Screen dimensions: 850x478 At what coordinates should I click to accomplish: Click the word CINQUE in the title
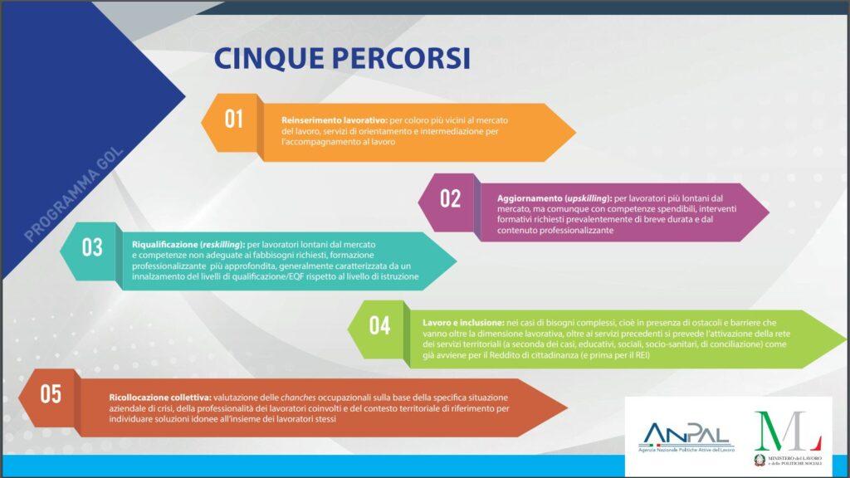pyautogui.click(x=268, y=59)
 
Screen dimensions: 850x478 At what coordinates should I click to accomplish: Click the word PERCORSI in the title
pyautogui.click(x=401, y=59)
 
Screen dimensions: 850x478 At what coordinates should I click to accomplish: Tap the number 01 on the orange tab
pyautogui.click(x=233, y=119)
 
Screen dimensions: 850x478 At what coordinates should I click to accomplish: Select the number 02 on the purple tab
pyautogui.click(x=451, y=198)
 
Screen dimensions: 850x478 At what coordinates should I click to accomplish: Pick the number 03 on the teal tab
pyautogui.click(x=92, y=247)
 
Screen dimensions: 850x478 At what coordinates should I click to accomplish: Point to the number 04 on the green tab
pyautogui.click(x=379, y=325)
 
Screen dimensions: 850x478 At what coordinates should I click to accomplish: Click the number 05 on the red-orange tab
pyautogui.click(x=51, y=394)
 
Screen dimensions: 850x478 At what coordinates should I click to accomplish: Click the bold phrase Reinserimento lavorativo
pyautogui.click(x=335, y=120)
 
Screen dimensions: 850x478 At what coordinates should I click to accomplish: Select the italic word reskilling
pyautogui.click(x=222, y=245)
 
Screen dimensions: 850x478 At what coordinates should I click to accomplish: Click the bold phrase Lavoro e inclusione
pyautogui.click(x=463, y=323)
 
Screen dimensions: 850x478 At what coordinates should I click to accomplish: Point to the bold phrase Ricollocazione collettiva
pyautogui.click(x=160, y=398)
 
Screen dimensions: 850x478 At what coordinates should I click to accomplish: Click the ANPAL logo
pyautogui.click(x=686, y=437)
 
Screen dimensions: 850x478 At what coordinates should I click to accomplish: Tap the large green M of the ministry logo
pyautogui.click(x=773, y=431)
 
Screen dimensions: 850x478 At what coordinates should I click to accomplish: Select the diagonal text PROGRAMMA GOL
pyautogui.click(x=74, y=194)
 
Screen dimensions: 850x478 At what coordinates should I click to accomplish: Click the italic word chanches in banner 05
pyautogui.click(x=298, y=398)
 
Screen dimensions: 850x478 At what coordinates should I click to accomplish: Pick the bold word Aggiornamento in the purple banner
pyautogui.click(x=530, y=198)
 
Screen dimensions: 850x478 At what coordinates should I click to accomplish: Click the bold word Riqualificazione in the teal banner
pyautogui.click(x=165, y=245)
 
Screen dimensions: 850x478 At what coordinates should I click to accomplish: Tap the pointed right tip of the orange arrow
pyautogui.click(x=574, y=132)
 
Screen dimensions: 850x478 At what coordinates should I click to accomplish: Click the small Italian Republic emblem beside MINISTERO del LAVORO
pyautogui.click(x=760, y=460)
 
